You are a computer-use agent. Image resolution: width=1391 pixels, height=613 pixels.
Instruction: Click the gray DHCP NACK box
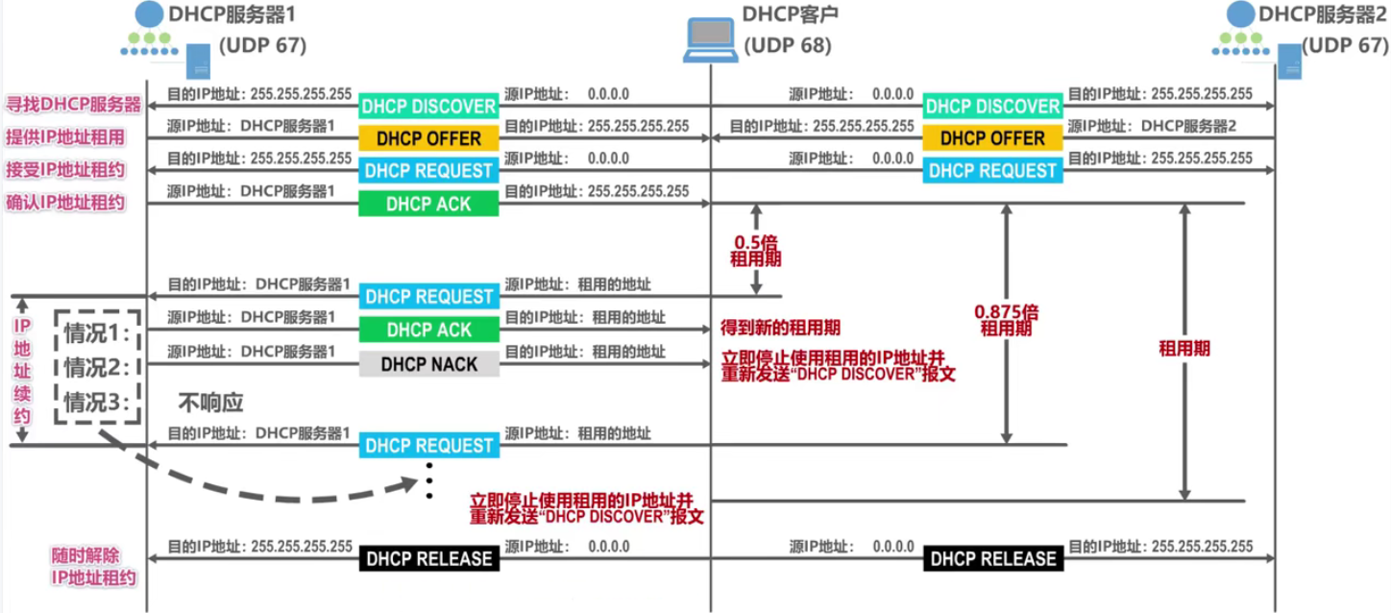click(x=428, y=364)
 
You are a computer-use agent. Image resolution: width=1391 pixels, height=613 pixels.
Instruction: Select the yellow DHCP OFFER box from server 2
click(x=992, y=138)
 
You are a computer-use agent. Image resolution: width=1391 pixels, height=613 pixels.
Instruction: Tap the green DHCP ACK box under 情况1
click(x=428, y=330)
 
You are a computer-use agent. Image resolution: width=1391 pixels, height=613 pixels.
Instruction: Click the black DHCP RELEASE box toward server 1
click(x=428, y=558)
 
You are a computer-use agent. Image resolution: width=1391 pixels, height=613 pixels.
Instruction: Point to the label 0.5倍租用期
click(x=756, y=251)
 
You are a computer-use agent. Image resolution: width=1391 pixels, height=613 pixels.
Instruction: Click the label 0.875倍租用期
click(x=1006, y=320)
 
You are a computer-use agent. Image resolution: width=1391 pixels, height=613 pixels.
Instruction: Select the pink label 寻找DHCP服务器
click(x=74, y=105)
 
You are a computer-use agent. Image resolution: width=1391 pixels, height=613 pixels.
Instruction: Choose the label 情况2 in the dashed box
click(x=96, y=367)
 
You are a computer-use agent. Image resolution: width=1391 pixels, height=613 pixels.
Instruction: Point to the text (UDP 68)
click(x=787, y=46)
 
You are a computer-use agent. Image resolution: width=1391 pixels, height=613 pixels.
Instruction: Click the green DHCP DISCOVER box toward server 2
click(x=992, y=106)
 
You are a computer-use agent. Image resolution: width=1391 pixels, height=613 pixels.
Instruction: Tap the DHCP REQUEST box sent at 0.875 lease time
click(x=428, y=446)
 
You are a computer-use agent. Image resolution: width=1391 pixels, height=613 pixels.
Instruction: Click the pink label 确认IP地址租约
click(x=65, y=203)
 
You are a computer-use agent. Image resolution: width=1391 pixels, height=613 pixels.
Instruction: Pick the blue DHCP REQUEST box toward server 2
click(x=992, y=171)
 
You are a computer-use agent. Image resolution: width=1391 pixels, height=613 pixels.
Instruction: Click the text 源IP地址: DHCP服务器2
click(x=1152, y=126)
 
